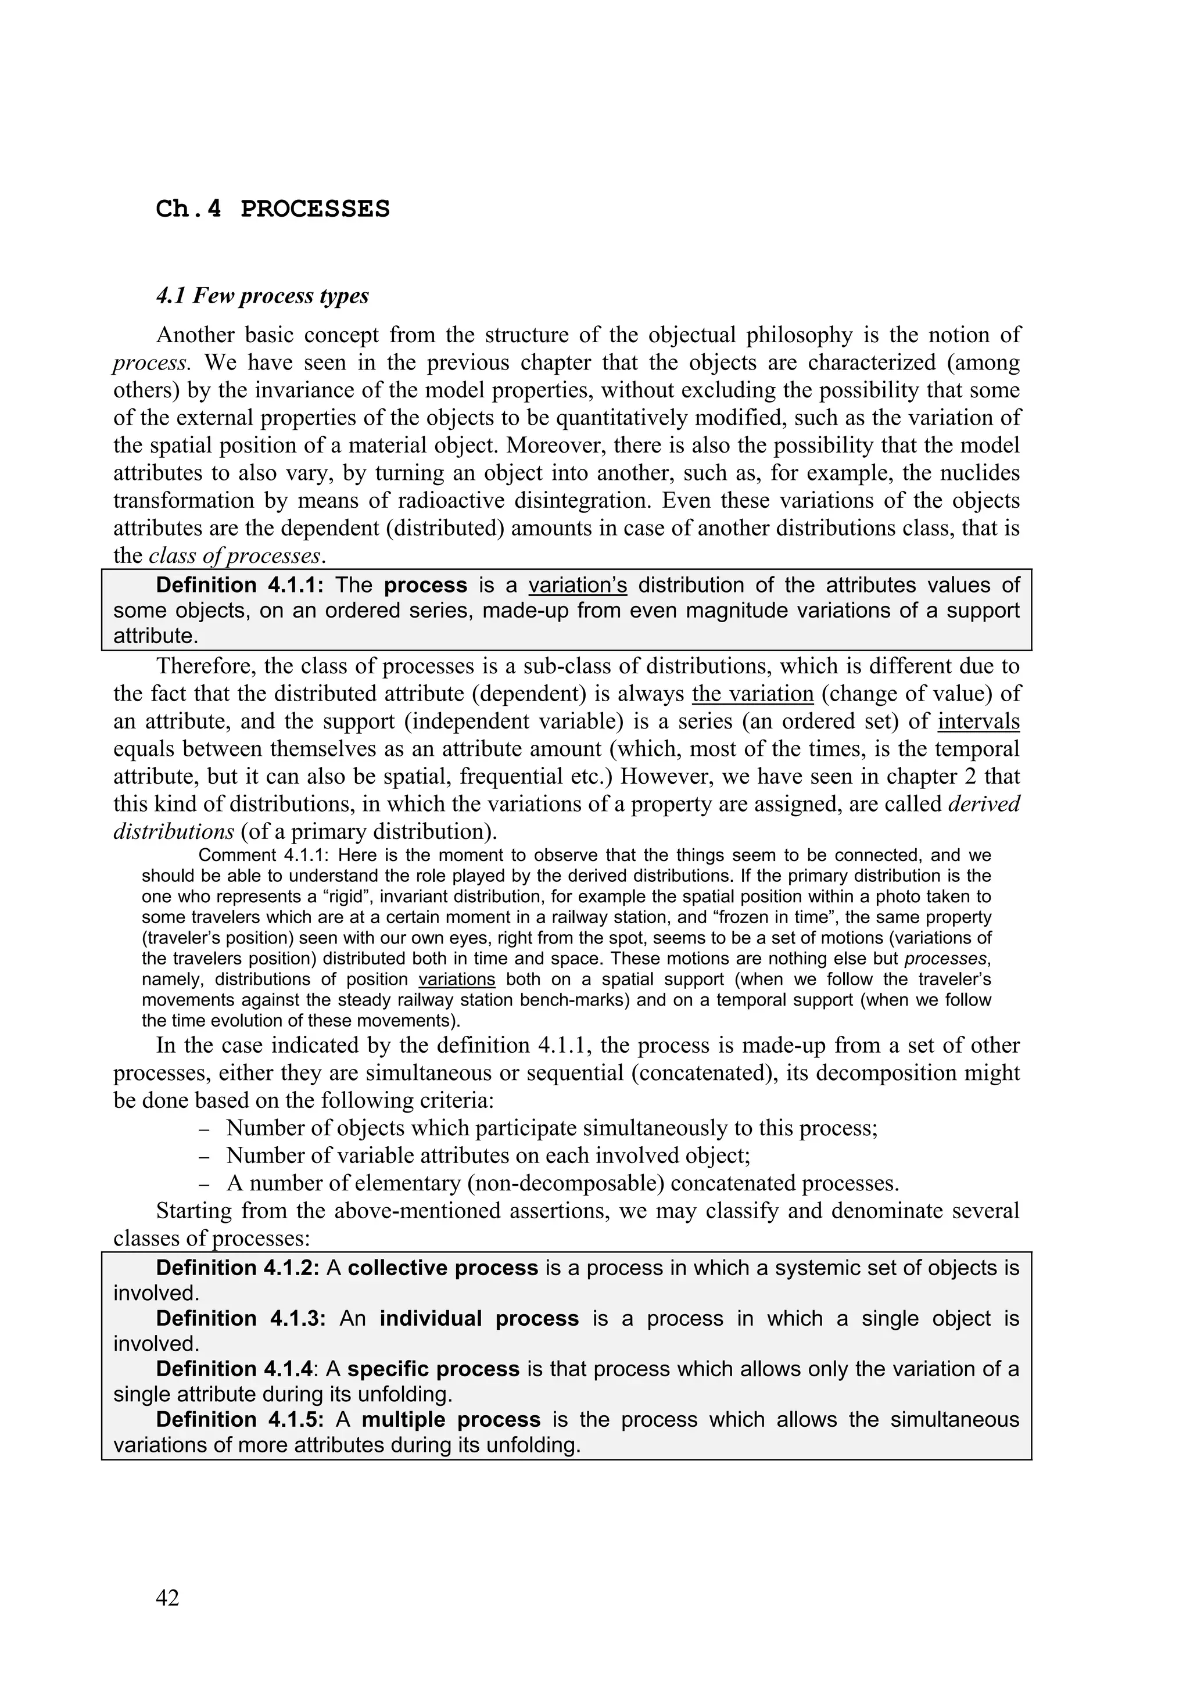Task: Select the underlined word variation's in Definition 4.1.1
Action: (x=577, y=586)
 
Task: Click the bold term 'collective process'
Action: (x=443, y=1269)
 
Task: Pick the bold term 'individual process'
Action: (x=479, y=1319)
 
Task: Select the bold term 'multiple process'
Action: (x=450, y=1420)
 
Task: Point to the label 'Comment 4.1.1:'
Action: (x=266, y=855)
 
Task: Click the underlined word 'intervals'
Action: (x=978, y=722)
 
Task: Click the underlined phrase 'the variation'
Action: (x=752, y=694)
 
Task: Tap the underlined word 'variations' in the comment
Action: (x=456, y=980)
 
